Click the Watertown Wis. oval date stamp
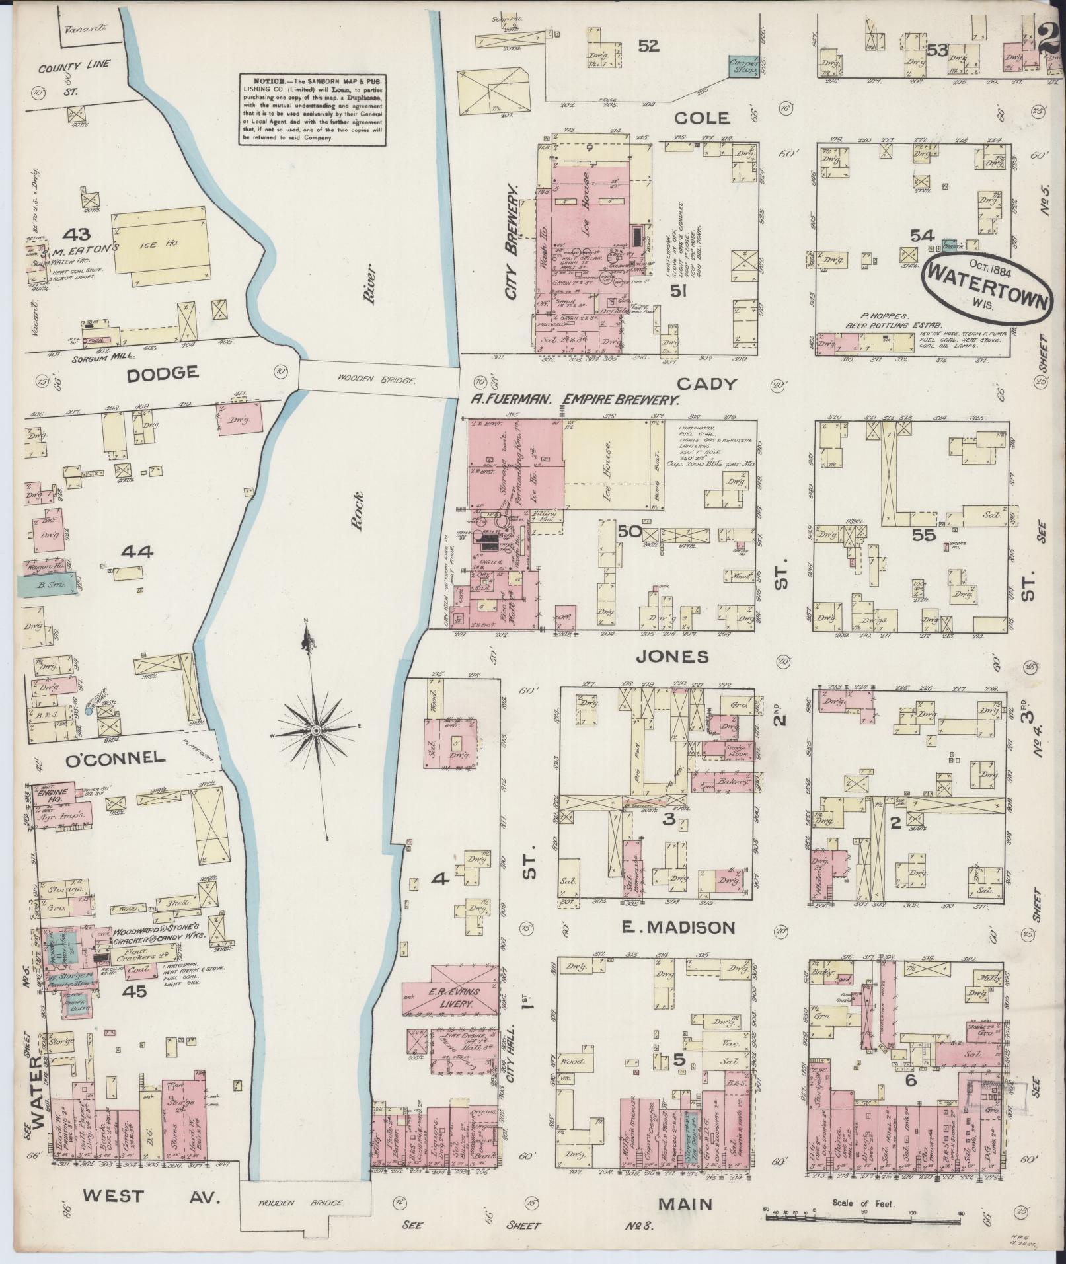tap(987, 285)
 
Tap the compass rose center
tap(316, 731)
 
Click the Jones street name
tap(672, 657)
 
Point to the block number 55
tap(923, 535)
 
